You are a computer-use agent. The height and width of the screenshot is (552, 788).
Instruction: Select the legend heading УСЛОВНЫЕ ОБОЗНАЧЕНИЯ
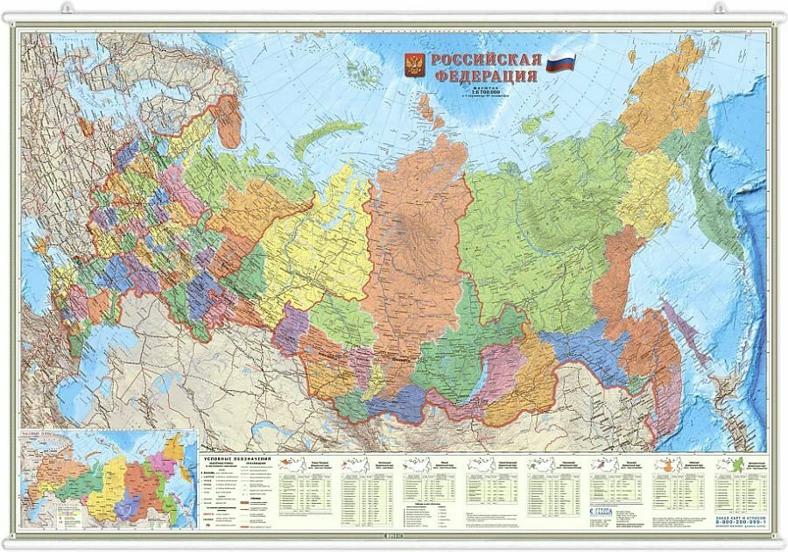coord(237,459)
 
